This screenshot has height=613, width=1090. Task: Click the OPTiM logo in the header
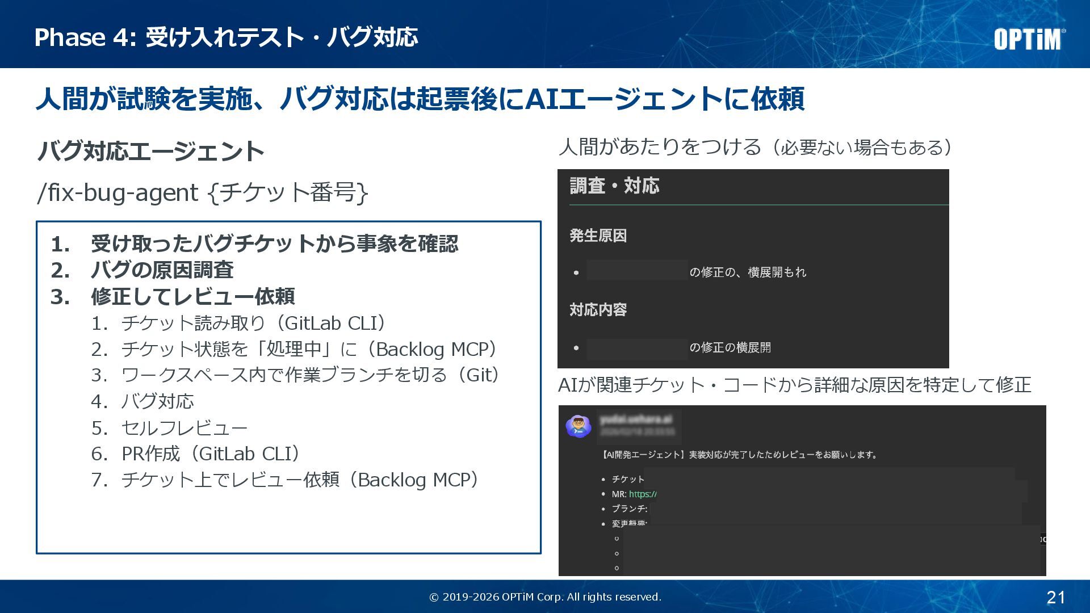coord(1029,40)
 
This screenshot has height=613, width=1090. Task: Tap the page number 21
coord(1055,597)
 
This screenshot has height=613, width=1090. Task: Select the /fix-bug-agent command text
coord(118,193)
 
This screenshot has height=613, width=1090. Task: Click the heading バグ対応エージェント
coord(150,152)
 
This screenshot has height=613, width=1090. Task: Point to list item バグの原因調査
coord(162,270)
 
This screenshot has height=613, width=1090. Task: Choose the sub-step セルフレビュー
coord(185,428)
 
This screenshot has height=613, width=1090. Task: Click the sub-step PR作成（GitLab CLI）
coord(210,454)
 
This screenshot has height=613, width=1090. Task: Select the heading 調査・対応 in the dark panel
coord(614,186)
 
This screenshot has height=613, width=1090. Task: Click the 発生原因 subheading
coord(598,236)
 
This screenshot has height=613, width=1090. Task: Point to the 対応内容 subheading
coord(598,310)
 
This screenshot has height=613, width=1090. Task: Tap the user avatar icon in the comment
coord(578,426)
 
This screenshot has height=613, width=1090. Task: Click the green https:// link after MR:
coord(643,494)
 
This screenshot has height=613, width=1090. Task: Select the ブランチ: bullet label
coord(629,509)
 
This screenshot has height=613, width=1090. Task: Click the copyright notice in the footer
coord(545,597)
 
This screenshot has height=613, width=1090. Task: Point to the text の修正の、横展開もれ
coord(748,272)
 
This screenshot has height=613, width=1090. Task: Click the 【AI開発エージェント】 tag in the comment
coord(644,455)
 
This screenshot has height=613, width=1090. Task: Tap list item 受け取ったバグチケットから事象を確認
coord(274,244)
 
